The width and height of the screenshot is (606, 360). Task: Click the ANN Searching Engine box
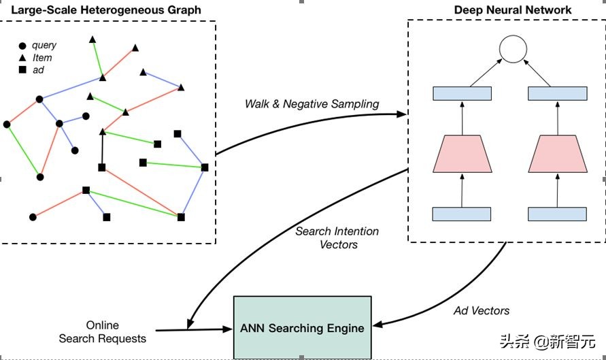click(x=302, y=327)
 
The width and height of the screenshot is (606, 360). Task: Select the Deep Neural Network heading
click(x=513, y=10)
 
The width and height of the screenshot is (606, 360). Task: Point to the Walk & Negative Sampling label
click(x=312, y=103)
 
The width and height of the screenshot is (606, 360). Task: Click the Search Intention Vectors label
click(x=338, y=238)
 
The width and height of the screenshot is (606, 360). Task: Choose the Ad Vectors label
click(x=481, y=310)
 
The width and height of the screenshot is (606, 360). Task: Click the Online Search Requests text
click(x=102, y=331)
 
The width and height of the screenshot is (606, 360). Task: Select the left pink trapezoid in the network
click(x=462, y=154)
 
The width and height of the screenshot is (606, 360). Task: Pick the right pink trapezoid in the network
click(x=558, y=154)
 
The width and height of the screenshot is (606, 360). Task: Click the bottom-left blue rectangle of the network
click(x=462, y=214)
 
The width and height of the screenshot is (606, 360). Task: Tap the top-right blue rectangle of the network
click(x=558, y=94)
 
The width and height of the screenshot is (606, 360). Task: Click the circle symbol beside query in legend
click(x=22, y=46)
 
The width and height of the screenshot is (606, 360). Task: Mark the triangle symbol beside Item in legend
click(x=22, y=58)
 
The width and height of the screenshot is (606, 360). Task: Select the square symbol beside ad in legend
click(x=22, y=70)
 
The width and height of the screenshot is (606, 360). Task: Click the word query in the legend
click(x=44, y=45)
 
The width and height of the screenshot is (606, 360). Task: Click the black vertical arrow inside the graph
click(x=102, y=149)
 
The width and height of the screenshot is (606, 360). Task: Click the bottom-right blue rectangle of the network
click(x=558, y=214)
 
